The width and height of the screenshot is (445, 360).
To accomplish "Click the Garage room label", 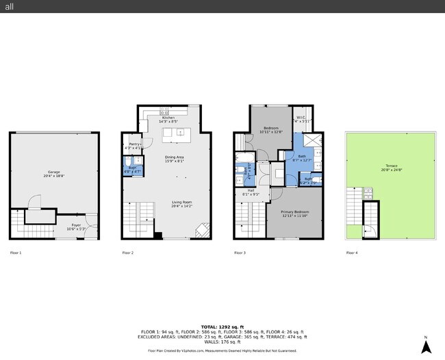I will (x=54, y=173).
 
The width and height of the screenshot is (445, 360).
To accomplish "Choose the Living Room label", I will (x=181, y=203).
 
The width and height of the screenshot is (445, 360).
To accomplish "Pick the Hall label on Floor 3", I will (x=251, y=192).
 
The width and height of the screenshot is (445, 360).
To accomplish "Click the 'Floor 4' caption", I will (x=352, y=253).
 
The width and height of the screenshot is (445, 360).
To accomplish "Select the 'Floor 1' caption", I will (x=16, y=253).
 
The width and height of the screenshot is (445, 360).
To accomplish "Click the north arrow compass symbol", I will (x=425, y=346).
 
